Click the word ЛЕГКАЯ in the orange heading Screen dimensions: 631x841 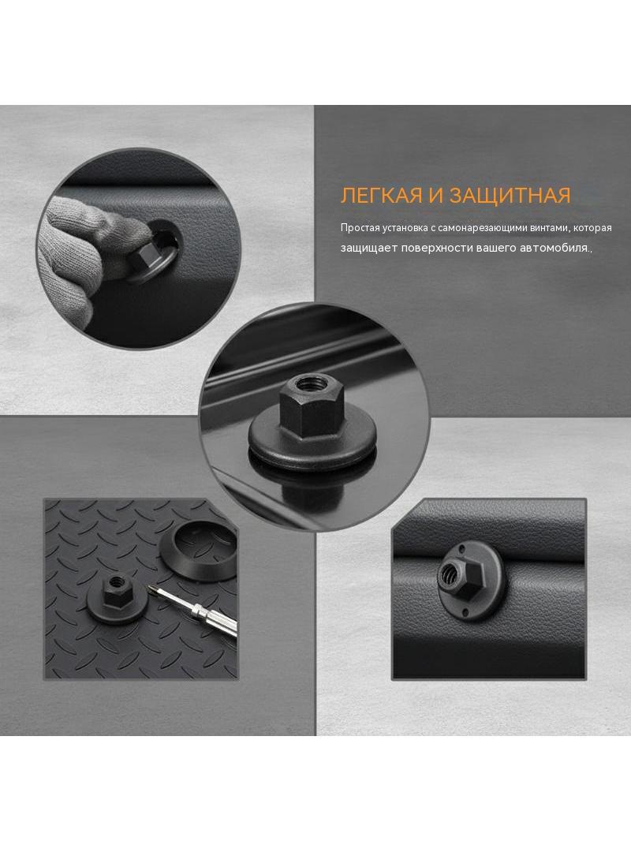pos(382,196)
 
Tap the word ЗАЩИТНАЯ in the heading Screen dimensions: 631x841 pos(510,196)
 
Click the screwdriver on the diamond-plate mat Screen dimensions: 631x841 pos(198,611)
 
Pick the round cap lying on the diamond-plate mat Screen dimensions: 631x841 pos(197,552)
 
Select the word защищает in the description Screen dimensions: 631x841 pos(368,249)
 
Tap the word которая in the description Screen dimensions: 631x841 pos(592,228)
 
